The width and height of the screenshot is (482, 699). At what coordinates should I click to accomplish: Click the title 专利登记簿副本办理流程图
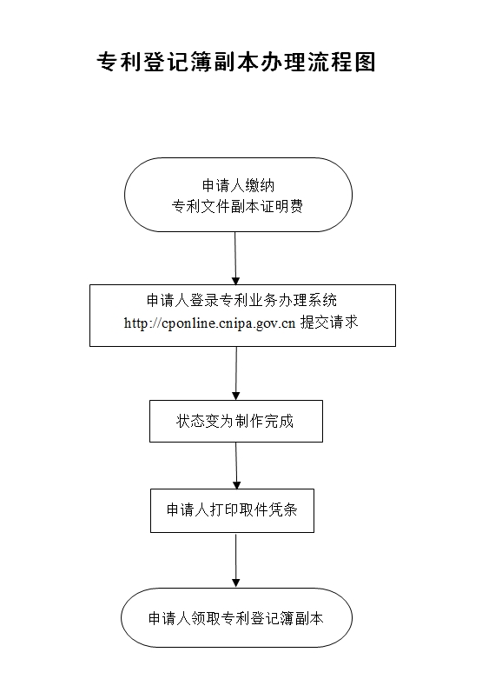pyautogui.click(x=236, y=62)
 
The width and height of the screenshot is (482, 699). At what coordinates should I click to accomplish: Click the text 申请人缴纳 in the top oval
pyautogui.click(x=238, y=185)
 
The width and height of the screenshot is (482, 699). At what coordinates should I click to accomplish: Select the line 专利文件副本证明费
pyautogui.click(x=237, y=206)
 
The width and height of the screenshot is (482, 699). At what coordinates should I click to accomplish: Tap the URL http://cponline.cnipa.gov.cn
pyautogui.click(x=209, y=323)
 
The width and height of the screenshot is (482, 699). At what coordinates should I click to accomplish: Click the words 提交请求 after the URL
pyautogui.click(x=329, y=322)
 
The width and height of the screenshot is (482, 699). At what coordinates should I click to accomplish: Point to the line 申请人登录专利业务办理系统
pyautogui.click(x=242, y=300)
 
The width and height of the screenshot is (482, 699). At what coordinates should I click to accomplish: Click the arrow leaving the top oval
pyautogui.click(x=235, y=258)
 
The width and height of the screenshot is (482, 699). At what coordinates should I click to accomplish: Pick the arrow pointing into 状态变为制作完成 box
pyautogui.click(x=236, y=374)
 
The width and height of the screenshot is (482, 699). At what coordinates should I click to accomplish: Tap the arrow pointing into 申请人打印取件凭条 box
pyautogui.click(x=236, y=466)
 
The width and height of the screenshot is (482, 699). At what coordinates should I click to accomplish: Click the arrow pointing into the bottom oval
pyautogui.click(x=236, y=561)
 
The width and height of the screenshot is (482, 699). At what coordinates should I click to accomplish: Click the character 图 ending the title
pyautogui.click(x=366, y=62)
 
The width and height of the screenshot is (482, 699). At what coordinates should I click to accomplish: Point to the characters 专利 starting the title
pyautogui.click(x=119, y=62)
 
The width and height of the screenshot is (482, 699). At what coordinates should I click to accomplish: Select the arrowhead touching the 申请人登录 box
pyautogui.click(x=235, y=281)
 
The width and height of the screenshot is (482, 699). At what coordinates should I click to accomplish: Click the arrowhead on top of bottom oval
pyautogui.click(x=236, y=583)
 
